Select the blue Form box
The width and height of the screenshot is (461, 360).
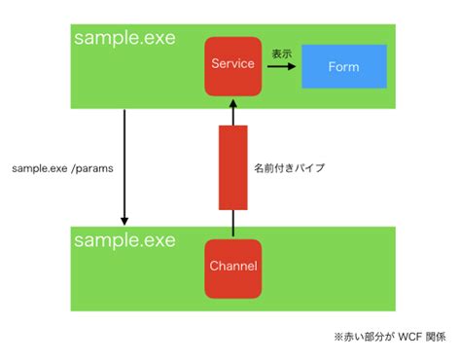[343, 67]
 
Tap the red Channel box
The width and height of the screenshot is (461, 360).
[232, 267]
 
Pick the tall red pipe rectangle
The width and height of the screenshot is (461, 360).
[232, 166]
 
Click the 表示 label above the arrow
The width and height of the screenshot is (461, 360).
[282, 54]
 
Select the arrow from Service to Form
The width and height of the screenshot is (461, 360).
[281, 68]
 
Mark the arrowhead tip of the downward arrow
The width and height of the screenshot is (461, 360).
[124, 224]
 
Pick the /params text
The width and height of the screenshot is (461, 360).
[92, 168]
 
